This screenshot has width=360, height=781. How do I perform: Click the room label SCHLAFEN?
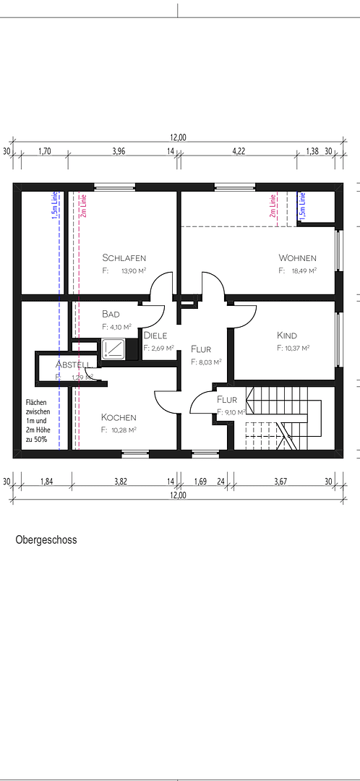pos(124,258)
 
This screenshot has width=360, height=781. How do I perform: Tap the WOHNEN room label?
pos(297,258)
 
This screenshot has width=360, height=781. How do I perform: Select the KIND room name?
pos(287,336)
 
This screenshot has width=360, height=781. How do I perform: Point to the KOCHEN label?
pos(119,417)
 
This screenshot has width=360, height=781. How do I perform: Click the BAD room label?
pos(111,315)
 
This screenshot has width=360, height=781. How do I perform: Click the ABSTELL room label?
pos(74,364)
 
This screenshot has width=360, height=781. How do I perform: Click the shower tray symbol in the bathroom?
pos(113,349)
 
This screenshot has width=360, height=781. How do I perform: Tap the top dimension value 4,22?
pos(238,151)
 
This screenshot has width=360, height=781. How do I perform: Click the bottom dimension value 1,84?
pos(46,481)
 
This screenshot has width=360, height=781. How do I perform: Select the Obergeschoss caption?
pos(46,539)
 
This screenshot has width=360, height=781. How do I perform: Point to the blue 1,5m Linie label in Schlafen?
pos(53,206)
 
